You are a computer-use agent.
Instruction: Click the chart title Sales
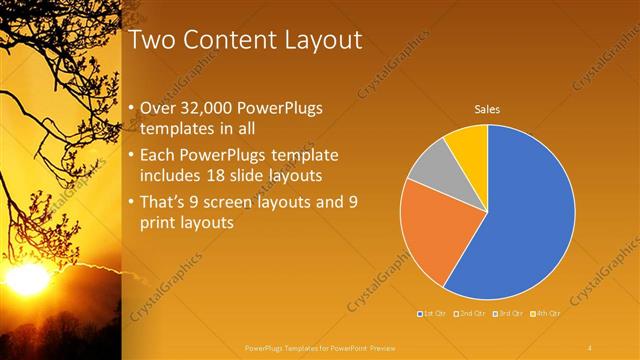pos(487,109)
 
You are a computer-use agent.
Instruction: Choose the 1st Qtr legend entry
pos(431,315)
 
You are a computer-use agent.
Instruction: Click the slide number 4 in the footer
pos(590,347)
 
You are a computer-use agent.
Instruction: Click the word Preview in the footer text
pos(381,347)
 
